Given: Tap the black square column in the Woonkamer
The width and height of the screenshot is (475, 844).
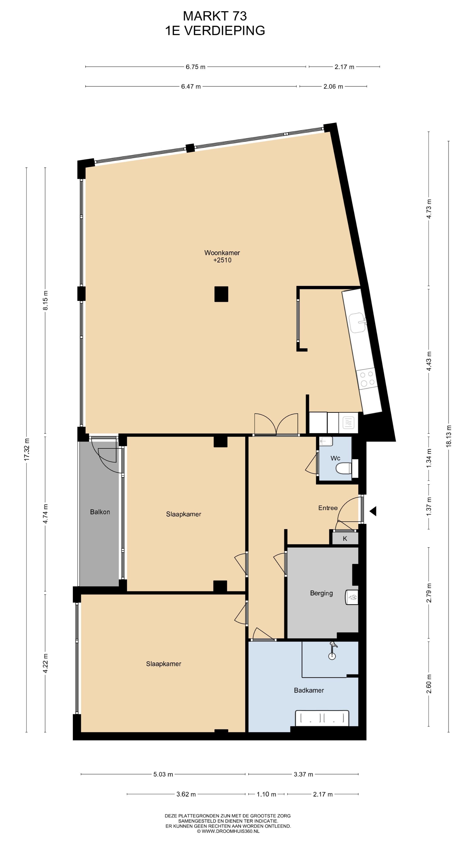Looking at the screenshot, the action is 221,294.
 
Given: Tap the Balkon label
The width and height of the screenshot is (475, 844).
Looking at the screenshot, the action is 100,512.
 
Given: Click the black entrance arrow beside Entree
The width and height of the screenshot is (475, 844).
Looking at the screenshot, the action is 373,511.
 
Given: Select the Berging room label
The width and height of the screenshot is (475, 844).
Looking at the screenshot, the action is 321,593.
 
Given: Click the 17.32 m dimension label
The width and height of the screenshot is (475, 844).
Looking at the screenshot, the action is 27,449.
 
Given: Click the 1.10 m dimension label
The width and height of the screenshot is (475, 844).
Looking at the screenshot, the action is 266,794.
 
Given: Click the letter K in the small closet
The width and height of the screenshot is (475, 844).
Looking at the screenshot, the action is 345,538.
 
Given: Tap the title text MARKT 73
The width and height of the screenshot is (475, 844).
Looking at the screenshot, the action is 215,16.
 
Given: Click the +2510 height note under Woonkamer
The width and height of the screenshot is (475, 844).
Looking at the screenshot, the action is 222,260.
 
